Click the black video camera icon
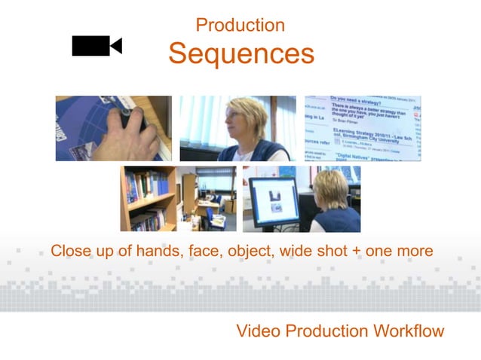point(96,46)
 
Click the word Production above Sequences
point(240,25)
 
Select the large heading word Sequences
point(240,54)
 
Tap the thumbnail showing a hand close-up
point(113,128)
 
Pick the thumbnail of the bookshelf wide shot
point(178,199)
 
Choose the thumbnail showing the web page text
point(363,128)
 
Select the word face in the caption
point(198,251)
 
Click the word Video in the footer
point(256,331)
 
